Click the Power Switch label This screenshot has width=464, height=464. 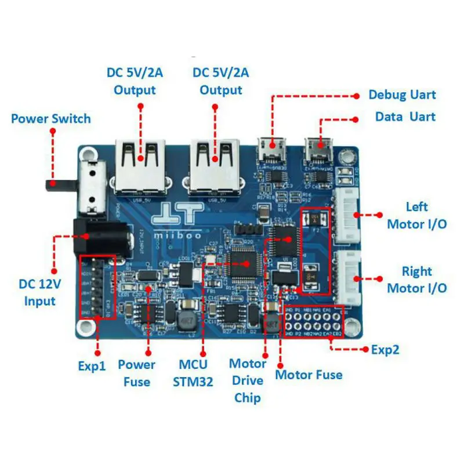[51, 119]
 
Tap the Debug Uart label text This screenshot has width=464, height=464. [402, 95]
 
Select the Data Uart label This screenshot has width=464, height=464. [405, 117]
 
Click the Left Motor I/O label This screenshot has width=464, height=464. [416, 215]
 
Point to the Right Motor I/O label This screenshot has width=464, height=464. [416, 280]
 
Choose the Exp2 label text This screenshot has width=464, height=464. [385, 350]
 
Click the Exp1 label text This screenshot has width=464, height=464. [92, 367]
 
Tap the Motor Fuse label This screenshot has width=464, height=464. [309, 375]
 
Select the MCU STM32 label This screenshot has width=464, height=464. [193, 373]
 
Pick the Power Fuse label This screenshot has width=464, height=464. [137, 373]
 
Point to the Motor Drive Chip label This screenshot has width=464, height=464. [248, 380]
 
